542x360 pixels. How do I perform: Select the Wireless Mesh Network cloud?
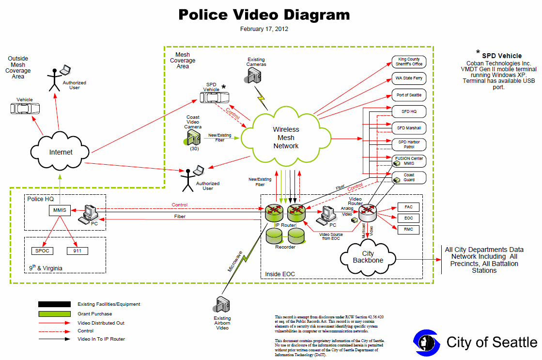(x=286, y=137)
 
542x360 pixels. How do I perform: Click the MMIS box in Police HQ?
(x=60, y=210)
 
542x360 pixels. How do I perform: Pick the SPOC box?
(x=42, y=250)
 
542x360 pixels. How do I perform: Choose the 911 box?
(x=77, y=250)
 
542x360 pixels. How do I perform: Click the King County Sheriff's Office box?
(x=409, y=62)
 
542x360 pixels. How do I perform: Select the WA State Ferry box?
(x=409, y=78)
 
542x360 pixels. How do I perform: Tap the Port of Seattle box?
(x=409, y=95)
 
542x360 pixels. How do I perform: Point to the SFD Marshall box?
(x=409, y=128)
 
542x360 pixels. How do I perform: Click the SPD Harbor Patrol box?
(x=409, y=144)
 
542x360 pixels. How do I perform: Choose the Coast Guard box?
(x=409, y=177)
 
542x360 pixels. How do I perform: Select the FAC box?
(x=409, y=207)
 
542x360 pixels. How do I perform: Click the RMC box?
(x=409, y=230)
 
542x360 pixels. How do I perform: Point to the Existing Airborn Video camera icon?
(x=221, y=304)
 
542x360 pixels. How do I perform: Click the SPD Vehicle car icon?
(x=214, y=98)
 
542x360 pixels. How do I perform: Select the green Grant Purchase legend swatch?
(x=55, y=313)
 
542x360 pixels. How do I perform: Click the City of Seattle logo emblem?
(x=427, y=343)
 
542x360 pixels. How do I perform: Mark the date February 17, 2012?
(x=264, y=29)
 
